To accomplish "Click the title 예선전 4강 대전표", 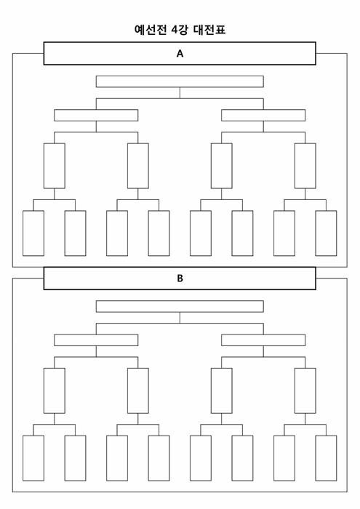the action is pyautogui.click(x=180, y=30).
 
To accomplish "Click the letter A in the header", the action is pyautogui.click(x=180, y=54).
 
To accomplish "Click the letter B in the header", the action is pyautogui.click(x=180, y=278).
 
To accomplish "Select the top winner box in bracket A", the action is pyautogui.click(x=180, y=81).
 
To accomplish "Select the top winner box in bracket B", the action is pyautogui.click(x=180, y=306).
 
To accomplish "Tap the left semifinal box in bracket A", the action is pyautogui.click(x=96, y=115).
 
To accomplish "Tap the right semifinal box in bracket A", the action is pyautogui.click(x=263, y=115).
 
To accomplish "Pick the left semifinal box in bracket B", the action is pyautogui.click(x=96, y=340).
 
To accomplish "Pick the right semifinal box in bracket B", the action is pyautogui.click(x=263, y=340).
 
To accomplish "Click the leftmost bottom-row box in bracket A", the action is pyautogui.click(x=33, y=233).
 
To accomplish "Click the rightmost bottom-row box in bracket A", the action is pyautogui.click(x=326, y=233).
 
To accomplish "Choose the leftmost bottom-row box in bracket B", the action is pyautogui.click(x=33, y=458).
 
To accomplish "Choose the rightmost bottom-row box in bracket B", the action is pyautogui.click(x=326, y=458).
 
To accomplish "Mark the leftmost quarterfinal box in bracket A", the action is pyautogui.click(x=55, y=166).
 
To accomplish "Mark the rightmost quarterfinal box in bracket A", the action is pyautogui.click(x=305, y=166).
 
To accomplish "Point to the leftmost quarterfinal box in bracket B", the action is pyautogui.click(x=55, y=391).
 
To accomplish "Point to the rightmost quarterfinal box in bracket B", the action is pyautogui.click(x=305, y=391).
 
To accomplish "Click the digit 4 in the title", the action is pyautogui.click(x=175, y=30).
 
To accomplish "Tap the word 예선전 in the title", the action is pyautogui.click(x=151, y=30).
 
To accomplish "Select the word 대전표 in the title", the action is pyautogui.click(x=209, y=30).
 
